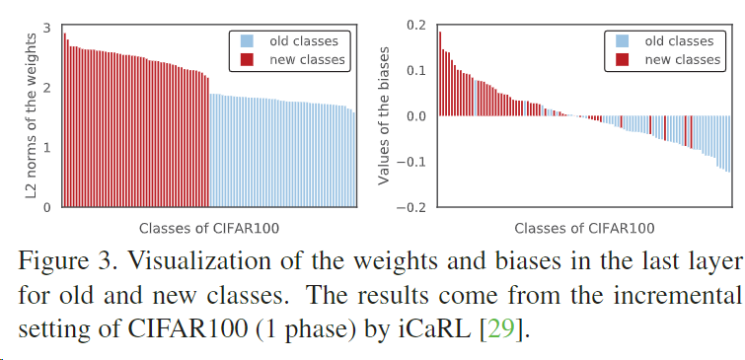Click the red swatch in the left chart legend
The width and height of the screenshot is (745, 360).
246,60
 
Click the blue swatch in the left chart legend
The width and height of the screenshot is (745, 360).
246,41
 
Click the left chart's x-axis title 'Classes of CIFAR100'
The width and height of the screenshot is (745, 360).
208,228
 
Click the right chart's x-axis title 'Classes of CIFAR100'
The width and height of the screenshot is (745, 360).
584,228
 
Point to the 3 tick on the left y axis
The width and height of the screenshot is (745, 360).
46,26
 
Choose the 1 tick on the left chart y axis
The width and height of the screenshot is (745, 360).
46,147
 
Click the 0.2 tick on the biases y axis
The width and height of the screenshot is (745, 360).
414,25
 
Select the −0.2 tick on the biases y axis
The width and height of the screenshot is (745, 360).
410,207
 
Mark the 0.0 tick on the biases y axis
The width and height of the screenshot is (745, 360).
414,116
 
